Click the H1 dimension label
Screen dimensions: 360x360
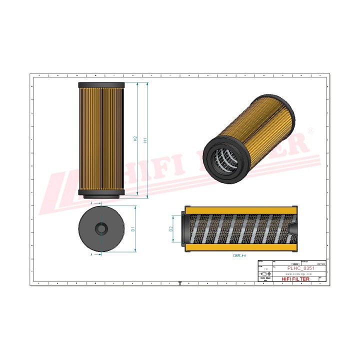(145, 140)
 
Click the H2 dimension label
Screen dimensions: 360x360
(135, 139)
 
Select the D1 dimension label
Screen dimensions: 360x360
(133, 229)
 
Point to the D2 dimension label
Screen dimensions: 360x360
(171, 229)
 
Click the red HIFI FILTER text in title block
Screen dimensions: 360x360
(296, 279)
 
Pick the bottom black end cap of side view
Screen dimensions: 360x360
(101, 194)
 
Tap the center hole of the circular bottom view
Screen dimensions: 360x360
(101, 229)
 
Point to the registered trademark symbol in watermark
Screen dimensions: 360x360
(311, 131)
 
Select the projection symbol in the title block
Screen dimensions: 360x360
(265, 274)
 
